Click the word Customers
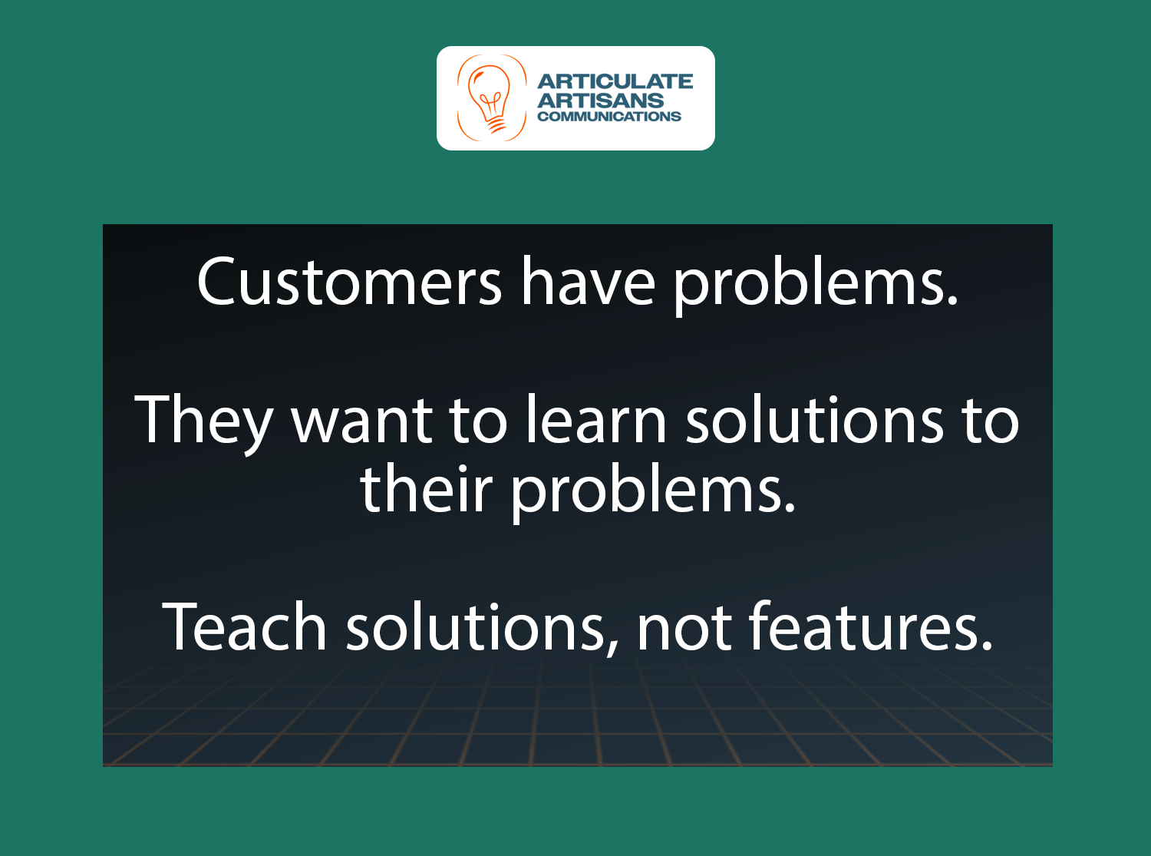pyautogui.click(x=349, y=283)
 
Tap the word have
pyautogui.click(x=589, y=283)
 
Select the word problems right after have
pyautogui.click(x=809, y=284)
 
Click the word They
pyautogui.click(x=203, y=421)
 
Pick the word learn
pyautogui.click(x=596, y=421)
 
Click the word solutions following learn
pyautogui.click(x=814, y=421)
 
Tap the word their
pyautogui.click(x=426, y=490)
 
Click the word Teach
pyautogui.click(x=244, y=627)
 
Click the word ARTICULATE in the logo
pyautogui.click(x=615, y=81)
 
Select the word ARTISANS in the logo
pyautogui.click(x=601, y=100)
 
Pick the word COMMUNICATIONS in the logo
pyautogui.click(x=609, y=117)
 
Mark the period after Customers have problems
pyautogui.click(x=952, y=301)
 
